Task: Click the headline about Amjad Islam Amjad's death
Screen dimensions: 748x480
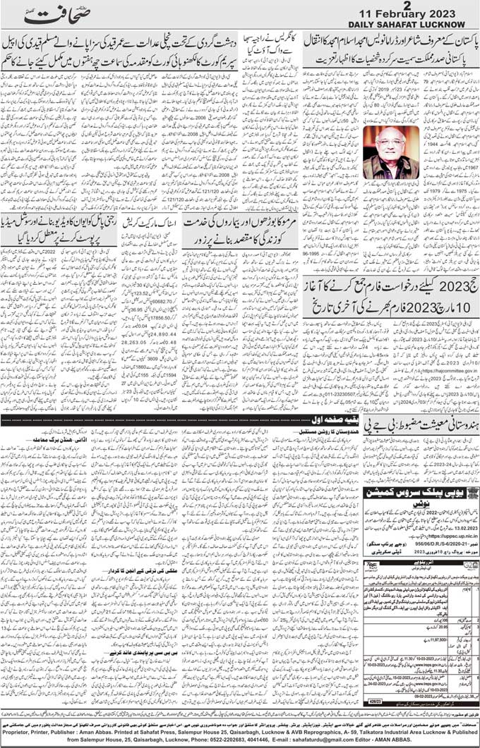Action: point(391,43)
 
